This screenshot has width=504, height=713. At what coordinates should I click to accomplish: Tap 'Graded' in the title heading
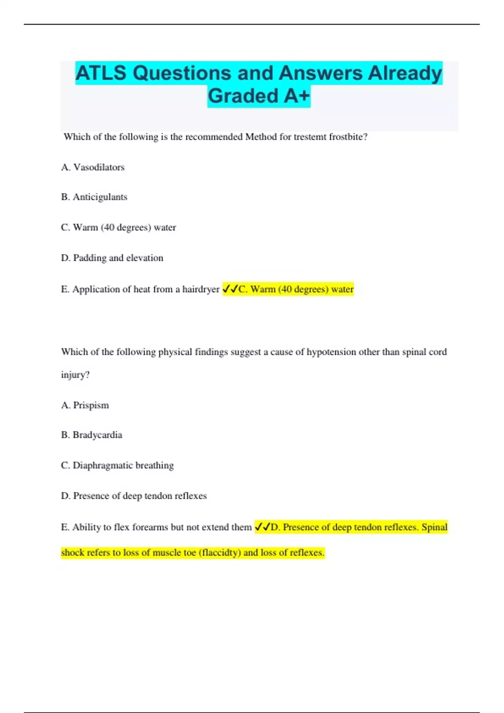[x=244, y=96]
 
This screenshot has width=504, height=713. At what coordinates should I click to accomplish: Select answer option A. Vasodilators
[x=93, y=167]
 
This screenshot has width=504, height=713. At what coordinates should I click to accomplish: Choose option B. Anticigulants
[x=94, y=197]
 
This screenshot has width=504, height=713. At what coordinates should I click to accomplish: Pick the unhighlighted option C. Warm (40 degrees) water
[x=118, y=227]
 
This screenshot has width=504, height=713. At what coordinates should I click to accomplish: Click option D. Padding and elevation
[x=112, y=258]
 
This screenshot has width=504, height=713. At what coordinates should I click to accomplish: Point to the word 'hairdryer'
[x=201, y=289]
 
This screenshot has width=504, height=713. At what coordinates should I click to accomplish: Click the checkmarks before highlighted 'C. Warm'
[x=230, y=289]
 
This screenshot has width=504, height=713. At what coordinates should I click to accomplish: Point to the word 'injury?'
[x=75, y=375]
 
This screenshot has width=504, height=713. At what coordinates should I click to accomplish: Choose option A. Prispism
[x=85, y=405]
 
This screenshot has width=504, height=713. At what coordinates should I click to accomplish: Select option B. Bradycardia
[x=92, y=435]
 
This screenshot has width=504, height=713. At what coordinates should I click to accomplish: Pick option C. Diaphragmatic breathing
[x=117, y=465]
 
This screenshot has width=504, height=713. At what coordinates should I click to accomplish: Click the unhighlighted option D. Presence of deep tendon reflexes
[x=134, y=496]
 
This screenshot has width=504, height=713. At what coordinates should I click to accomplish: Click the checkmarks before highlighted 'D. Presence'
[x=262, y=527]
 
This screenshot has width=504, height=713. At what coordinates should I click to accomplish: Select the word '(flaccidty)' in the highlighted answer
[x=220, y=552]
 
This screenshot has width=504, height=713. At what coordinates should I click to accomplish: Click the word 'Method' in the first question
[x=260, y=137]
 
